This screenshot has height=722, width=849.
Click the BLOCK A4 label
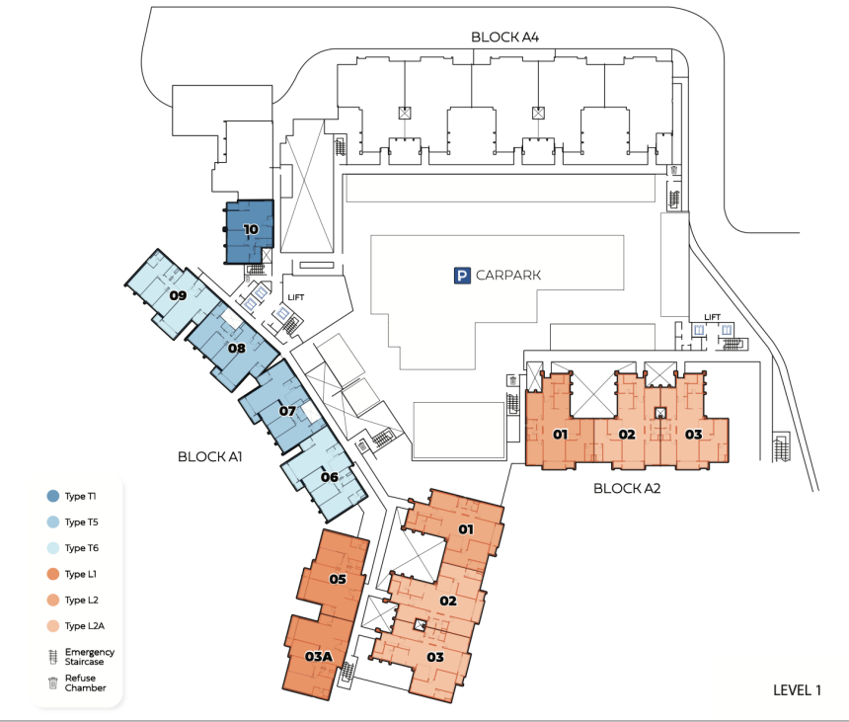tap(504, 37)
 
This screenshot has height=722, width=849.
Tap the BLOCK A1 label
tap(209, 456)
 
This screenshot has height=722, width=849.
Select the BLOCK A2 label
tap(627, 488)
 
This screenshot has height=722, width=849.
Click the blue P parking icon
tap(462, 276)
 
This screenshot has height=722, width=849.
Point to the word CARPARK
tap(508, 276)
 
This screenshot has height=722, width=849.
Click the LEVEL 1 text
tap(797, 690)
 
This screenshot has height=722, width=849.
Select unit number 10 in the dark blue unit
tap(251, 229)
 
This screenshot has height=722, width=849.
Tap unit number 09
tap(178, 295)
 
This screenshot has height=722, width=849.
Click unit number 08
tap(237, 348)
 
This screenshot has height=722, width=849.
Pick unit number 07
tap(287, 411)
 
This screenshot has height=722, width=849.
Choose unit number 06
tap(329, 477)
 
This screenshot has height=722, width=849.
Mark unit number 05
tap(338, 579)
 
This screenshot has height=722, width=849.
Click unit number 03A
tap(319, 657)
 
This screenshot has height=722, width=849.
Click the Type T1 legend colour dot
tap(53, 496)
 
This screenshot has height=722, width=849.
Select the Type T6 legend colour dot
tap(53, 547)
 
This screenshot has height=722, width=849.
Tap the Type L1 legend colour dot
tap(53, 574)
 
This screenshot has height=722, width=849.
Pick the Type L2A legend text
tap(85, 625)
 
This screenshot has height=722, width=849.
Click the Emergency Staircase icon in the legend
tap(53, 657)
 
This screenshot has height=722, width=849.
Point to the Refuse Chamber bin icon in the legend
tap(53, 683)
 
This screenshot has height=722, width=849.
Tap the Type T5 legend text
tap(82, 521)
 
